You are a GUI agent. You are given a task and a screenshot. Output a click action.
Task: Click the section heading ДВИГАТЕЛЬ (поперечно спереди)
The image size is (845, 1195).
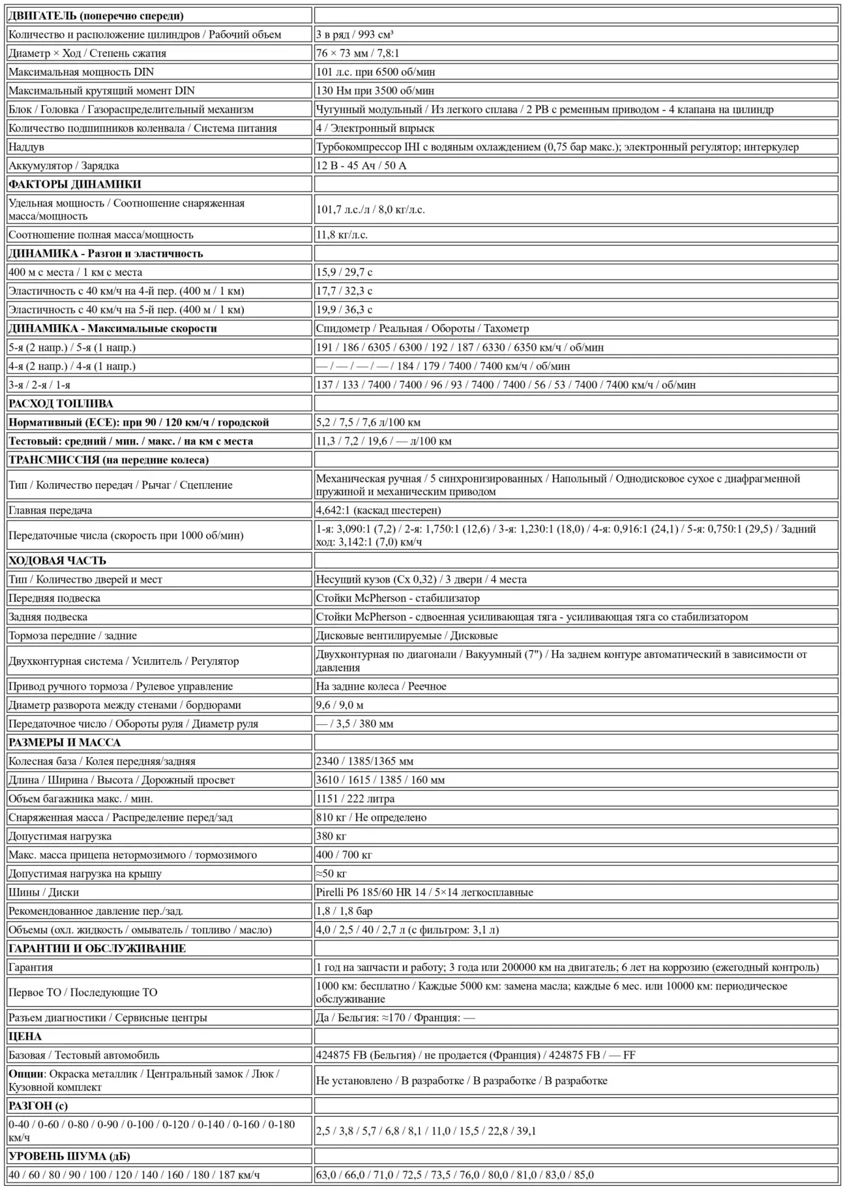[96, 16]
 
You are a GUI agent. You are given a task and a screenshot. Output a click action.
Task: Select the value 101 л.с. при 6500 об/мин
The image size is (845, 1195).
[376, 72]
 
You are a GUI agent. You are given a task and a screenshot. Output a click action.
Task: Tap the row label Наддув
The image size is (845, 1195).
[27, 147]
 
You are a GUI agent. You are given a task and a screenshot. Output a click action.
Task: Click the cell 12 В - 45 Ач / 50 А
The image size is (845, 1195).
[361, 166]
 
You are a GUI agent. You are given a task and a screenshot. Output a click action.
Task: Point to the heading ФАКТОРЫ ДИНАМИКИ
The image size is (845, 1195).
[75, 184]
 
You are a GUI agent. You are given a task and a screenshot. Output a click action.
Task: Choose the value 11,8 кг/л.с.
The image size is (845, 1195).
[342, 235]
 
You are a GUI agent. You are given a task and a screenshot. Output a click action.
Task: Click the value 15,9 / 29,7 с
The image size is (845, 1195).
[344, 272]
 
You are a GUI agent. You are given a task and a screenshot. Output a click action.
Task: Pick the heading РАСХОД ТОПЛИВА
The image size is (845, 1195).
[61, 404]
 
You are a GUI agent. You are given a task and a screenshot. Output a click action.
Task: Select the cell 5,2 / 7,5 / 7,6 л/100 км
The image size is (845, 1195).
[368, 422]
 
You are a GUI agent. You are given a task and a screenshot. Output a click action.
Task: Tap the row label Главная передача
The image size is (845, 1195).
[50, 510]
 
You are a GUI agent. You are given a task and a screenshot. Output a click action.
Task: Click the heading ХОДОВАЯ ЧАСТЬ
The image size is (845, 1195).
[57, 561]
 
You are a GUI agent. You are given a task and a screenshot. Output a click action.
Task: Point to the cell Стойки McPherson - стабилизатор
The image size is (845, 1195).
[398, 598]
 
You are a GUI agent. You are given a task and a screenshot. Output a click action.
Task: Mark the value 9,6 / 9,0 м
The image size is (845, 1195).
[340, 705]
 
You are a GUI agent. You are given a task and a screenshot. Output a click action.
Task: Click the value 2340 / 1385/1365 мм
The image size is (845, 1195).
[364, 761]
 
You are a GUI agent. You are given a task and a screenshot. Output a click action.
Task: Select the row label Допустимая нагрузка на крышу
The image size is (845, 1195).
[85, 874]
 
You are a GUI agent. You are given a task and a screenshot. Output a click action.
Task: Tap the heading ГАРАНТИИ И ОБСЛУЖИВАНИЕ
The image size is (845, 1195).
[97, 949]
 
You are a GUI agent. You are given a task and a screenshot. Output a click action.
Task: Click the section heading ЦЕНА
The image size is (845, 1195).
[25, 1037]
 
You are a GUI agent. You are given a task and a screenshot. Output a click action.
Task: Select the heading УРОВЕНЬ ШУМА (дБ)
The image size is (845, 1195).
[69, 1156]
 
